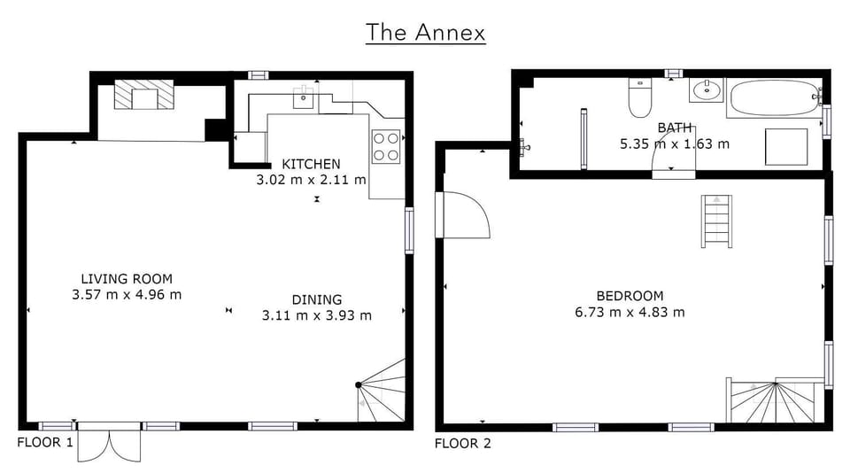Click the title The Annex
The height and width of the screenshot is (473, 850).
point(426,32)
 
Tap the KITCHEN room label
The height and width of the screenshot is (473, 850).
point(311,164)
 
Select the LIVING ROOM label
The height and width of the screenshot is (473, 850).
point(127,279)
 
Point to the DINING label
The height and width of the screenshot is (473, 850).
point(317,299)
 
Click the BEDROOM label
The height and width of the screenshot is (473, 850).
point(630,296)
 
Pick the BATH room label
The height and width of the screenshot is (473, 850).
point(675,128)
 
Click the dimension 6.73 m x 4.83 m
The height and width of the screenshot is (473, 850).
point(630,313)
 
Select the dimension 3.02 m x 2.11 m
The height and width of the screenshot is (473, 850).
point(311,180)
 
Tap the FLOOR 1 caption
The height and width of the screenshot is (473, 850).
point(45,442)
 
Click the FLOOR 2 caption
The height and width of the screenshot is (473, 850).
point(463,443)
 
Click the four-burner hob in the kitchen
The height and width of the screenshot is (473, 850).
point(387,146)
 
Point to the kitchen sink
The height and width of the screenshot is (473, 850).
point(304,97)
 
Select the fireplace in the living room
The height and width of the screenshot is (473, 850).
point(144,95)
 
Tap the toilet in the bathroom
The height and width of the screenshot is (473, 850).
point(639,97)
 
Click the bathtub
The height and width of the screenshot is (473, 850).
point(776,97)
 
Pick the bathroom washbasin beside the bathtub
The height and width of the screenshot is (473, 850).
point(706,90)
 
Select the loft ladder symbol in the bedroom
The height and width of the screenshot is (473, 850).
point(716,221)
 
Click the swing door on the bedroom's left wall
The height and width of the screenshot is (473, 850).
point(462,215)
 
